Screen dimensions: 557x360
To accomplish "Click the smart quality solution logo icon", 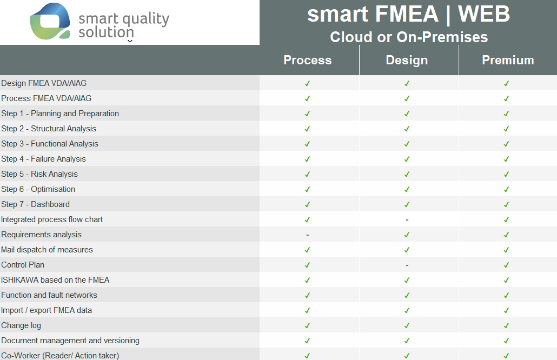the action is pos(50,21).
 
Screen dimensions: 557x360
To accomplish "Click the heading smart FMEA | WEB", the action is pos(408,14).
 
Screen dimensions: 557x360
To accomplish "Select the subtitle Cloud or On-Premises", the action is pos(409,37).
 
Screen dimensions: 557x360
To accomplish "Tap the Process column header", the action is pos(308,60).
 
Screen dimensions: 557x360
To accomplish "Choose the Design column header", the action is pos(407,60).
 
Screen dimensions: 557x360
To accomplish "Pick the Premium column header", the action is pos(508,60).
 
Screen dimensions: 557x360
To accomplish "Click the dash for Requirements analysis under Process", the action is pos(308,235).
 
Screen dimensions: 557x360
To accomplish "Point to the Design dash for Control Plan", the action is pos(407,265).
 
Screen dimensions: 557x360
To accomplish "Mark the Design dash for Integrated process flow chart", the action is pos(407,220).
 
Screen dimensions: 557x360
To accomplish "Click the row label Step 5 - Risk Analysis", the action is pos(39,174).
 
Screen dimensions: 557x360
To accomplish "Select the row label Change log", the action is pos(21,325).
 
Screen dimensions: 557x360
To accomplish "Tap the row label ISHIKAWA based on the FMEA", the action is pos(55,280).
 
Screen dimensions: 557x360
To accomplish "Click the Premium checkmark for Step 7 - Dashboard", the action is pos(506,204).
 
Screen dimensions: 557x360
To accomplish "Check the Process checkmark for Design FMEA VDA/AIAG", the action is pos(307,83).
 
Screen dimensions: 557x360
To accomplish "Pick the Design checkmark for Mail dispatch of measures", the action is pos(407,250).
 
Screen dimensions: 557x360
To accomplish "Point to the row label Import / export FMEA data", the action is pos(47,310).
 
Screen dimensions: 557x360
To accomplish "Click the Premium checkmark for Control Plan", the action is pos(506,265).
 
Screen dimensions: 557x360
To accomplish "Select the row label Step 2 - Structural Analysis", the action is pos(49,129).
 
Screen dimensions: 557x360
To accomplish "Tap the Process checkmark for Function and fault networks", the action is pos(307,295).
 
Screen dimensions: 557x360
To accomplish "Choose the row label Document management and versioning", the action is pos(70,341).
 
